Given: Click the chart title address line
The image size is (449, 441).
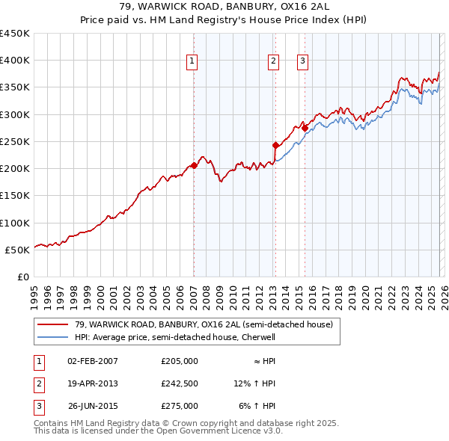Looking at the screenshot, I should coord(224,7).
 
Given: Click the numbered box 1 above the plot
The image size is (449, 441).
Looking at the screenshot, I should coord(192,61).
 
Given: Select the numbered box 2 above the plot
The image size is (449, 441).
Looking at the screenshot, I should coord(273,61).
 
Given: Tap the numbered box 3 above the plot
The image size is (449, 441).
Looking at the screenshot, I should coord(302,61).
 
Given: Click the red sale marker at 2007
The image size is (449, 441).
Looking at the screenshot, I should coord(194,165).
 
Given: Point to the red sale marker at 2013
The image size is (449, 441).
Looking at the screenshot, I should coord(275,145).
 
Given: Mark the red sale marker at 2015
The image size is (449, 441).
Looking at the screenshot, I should coord(305,128).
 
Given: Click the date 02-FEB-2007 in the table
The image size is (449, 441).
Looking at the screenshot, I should coord(92,361).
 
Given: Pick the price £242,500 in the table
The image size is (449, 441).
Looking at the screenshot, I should coord(180,383).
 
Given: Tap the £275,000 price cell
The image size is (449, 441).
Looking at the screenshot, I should coord(180,406).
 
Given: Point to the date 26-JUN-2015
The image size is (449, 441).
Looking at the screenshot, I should coord(92,406).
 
